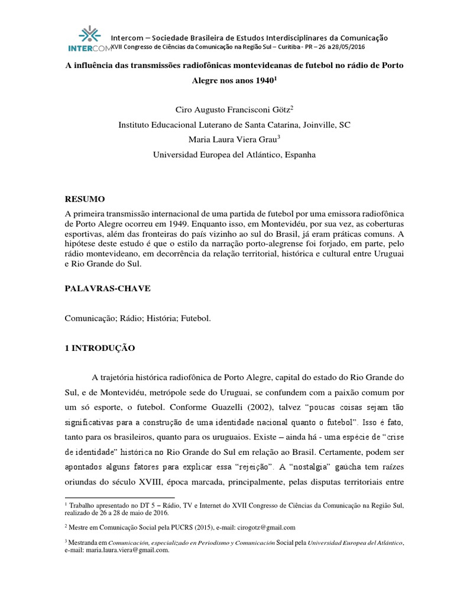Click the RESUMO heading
[x=85, y=200]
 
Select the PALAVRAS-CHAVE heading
[x=108, y=288]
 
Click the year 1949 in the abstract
[x=215, y=225]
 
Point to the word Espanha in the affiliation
[x=301, y=155]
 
